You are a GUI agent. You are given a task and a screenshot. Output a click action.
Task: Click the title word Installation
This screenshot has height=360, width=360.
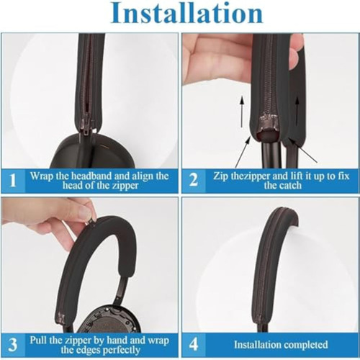[x=186, y=13]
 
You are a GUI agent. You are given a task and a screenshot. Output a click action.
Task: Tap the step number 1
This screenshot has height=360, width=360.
[x=13, y=180]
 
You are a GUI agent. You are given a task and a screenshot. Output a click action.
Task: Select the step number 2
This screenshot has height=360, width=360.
[x=194, y=180]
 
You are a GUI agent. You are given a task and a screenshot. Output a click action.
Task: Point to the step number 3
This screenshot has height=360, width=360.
[x=12, y=344]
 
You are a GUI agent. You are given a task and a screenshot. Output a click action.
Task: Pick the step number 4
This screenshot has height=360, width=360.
[x=194, y=344]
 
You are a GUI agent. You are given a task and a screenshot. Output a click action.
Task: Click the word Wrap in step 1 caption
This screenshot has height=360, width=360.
[x=42, y=176]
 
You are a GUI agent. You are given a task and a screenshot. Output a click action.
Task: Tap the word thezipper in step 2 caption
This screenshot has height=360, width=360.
[x=251, y=176]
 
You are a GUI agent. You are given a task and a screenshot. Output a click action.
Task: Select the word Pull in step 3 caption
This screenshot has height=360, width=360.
[x=39, y=341]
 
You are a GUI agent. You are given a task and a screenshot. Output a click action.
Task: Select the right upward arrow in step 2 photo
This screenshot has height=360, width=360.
[x=297, y=111]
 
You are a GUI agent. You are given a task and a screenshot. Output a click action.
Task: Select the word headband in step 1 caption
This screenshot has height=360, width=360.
[x=91, y=176]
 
